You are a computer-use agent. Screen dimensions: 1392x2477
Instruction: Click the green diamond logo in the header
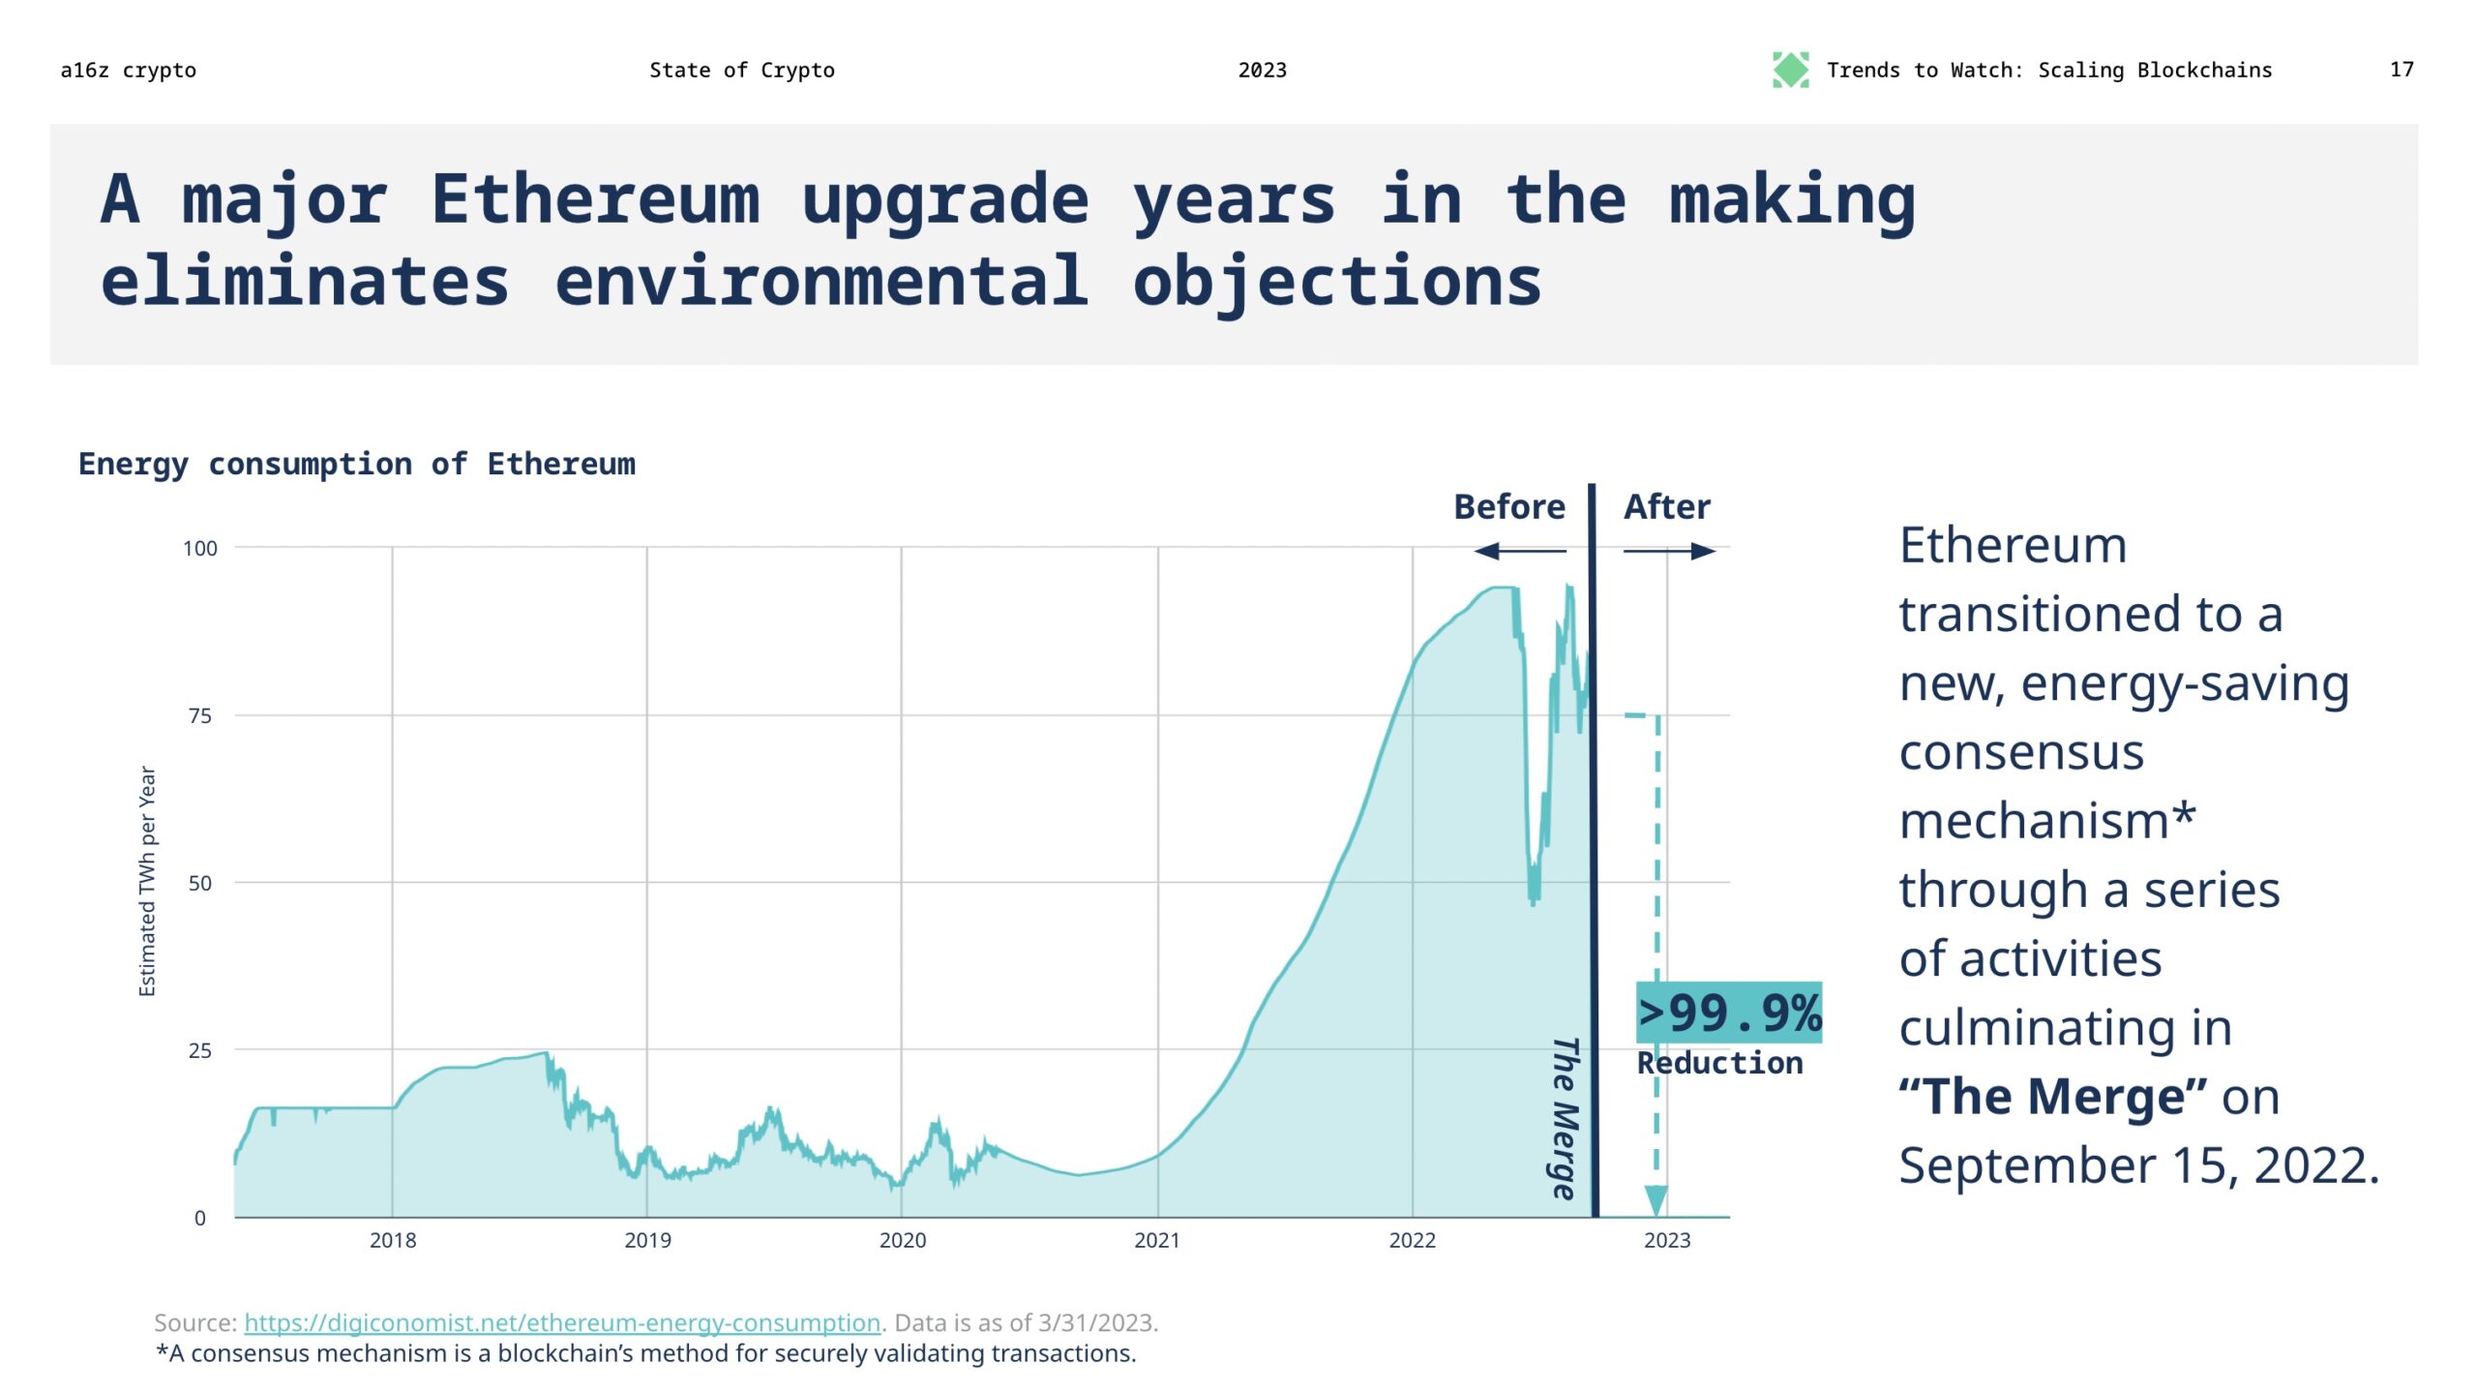(x=1789, y=70)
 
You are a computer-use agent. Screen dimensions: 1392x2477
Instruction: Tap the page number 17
(x=2401, y=70)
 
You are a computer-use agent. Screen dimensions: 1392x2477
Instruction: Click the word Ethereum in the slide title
(x=595, y=199)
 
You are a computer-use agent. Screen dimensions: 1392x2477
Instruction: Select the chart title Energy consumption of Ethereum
(x=356, y=464)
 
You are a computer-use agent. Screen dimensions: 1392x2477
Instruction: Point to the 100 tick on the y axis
(x=200, y=548)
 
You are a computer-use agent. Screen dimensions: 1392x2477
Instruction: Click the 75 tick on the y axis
(x=200, y=715)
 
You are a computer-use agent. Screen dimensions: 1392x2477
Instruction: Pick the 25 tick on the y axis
(x=200, y=1050)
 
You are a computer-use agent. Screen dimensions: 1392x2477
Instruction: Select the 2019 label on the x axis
(x=647, y=1240)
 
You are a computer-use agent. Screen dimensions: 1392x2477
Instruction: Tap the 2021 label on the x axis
(x=1157, y=1240)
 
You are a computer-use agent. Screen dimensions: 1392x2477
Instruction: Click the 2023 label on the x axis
(x=1666, y=1240)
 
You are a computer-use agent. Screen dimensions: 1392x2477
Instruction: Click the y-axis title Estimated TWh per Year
(x=147, y=880)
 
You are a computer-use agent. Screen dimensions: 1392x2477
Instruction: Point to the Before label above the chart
(x=1508, y=506)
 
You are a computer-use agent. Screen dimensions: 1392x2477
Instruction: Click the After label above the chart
(x=1666, y=506)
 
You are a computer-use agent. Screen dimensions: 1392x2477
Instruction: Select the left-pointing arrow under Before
(x=1519, y=551)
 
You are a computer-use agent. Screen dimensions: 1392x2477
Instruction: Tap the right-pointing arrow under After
(x=1670, y=551)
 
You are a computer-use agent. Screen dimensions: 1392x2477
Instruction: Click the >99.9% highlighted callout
(x=1728, y=1013)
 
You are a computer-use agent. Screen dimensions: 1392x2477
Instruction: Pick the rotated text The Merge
(x=1564, y=1117)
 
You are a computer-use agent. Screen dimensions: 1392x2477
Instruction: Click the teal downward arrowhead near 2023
(x=1656, y=1199)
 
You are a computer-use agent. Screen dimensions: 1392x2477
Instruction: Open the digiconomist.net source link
(x=561, y=1322)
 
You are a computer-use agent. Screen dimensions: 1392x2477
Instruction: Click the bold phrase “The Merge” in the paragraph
(x=2052, y=1097)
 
